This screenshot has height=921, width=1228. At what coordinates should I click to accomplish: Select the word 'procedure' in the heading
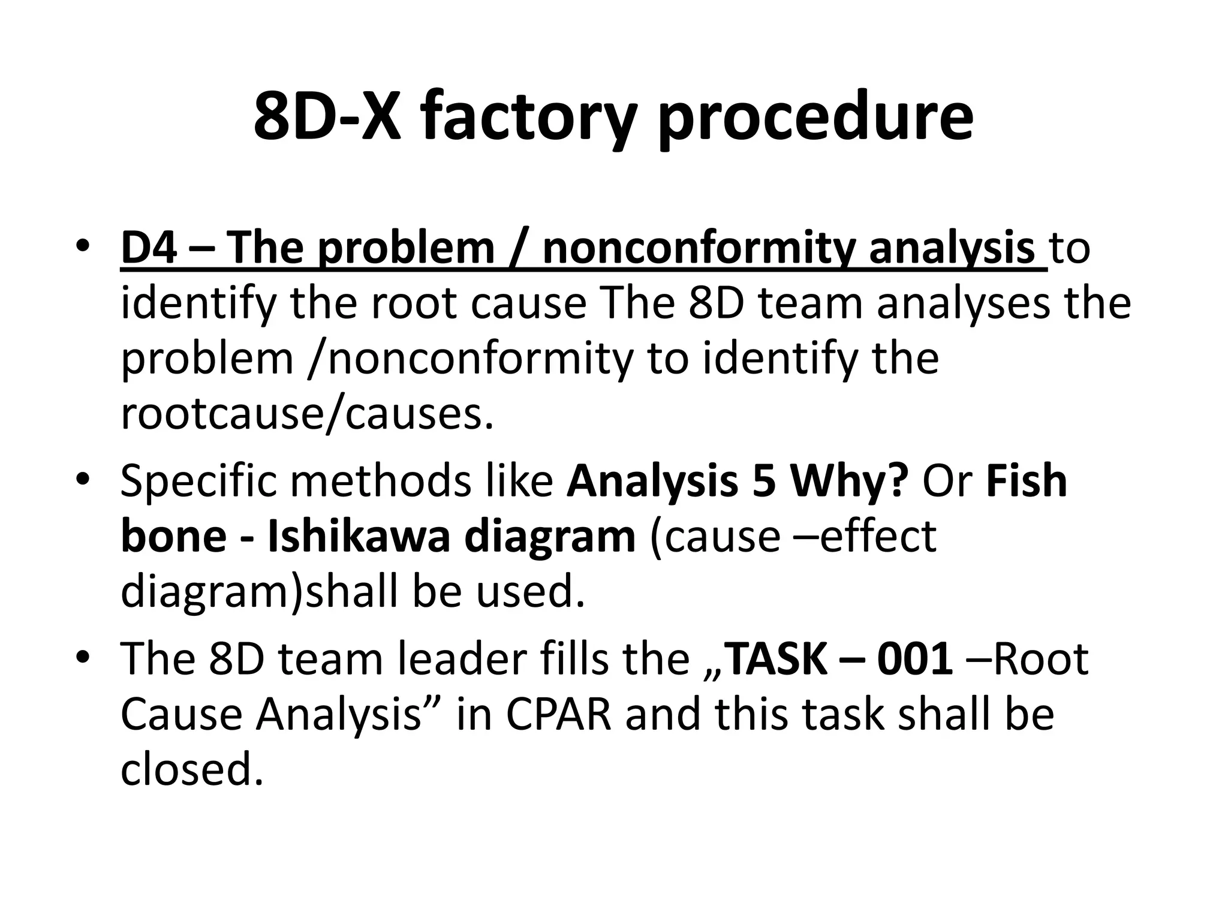[815, 118]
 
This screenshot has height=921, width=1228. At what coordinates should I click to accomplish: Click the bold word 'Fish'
[1027, 480]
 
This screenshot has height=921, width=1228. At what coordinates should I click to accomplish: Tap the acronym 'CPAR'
[559, 714]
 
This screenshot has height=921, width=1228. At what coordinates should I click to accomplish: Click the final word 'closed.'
[192, 770]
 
